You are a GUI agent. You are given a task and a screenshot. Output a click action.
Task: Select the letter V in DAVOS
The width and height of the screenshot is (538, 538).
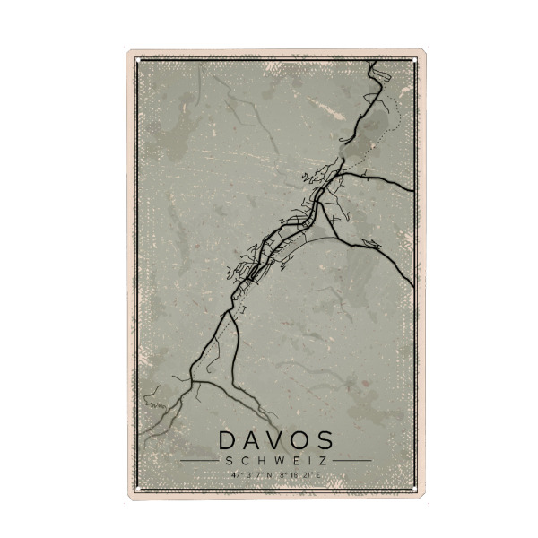(x=277, y=440)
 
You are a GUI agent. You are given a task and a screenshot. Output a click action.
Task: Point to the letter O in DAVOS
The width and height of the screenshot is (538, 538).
(x=300, y=440)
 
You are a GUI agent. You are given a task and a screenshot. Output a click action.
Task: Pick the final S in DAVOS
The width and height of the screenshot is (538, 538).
(x=324, y=440)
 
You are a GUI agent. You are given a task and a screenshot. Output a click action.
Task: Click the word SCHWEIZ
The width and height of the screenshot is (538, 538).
(x=276, y=461)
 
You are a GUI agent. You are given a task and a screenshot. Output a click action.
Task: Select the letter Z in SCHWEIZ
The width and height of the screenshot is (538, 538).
(x=320, y=461)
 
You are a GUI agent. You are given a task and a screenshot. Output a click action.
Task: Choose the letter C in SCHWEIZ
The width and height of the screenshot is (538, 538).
(x=246, y=461)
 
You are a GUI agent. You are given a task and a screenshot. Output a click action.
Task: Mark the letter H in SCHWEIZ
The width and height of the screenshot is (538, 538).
(x=260, y=461)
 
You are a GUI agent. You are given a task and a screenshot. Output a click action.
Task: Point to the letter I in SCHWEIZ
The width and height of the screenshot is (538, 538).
(x=307, y=461)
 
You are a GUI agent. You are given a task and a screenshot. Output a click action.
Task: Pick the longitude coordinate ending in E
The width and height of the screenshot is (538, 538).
(x=300, y=473)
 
